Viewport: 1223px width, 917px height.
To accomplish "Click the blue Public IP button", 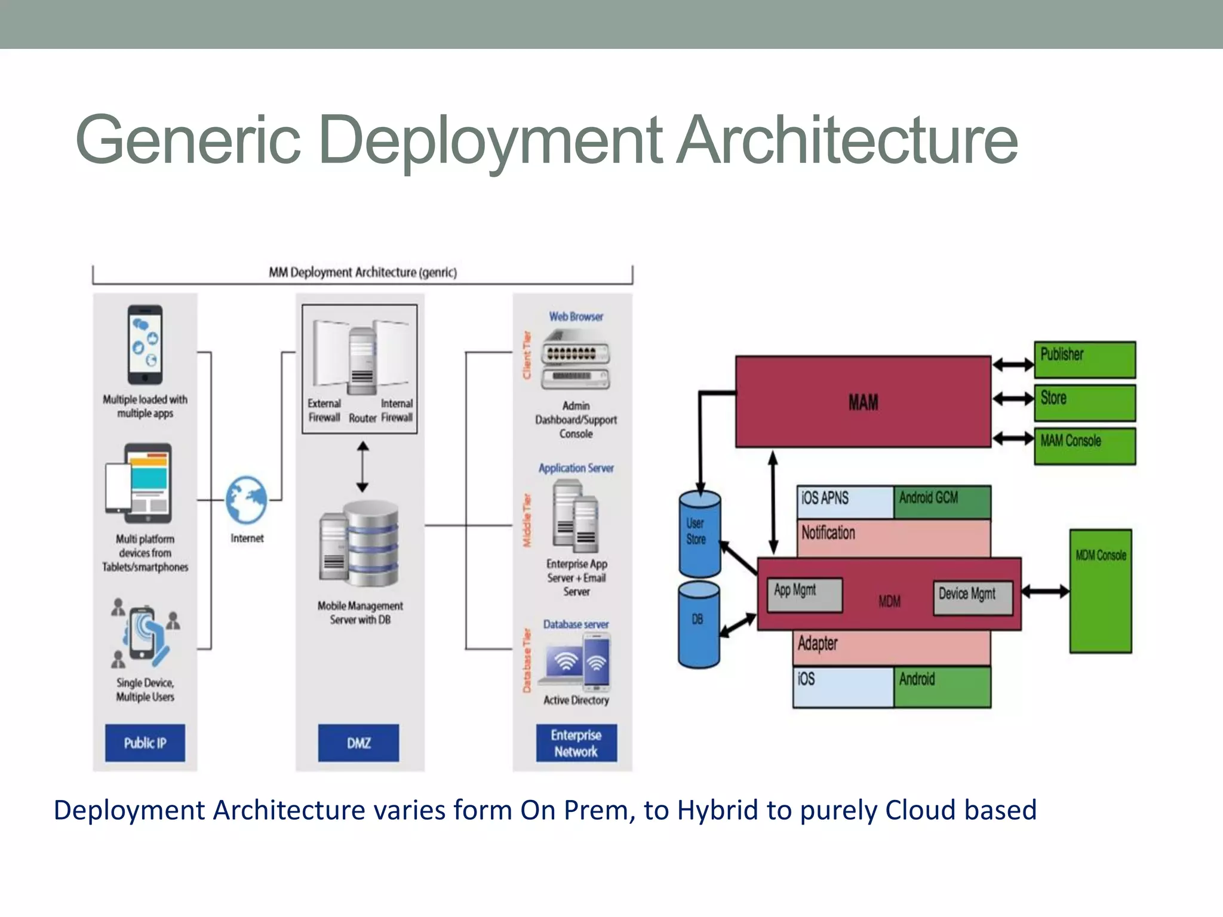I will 145,743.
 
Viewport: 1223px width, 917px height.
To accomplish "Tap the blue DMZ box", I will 358,743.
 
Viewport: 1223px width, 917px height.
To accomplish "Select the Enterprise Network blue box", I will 576,743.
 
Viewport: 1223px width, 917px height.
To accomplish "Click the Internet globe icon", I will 247,500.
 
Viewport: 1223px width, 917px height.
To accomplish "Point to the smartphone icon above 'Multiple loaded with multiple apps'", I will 145,346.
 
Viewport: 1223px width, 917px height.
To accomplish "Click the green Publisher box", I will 1084,359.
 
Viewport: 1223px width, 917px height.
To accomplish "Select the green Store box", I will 1084,403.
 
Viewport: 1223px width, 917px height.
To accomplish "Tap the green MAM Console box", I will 1084,446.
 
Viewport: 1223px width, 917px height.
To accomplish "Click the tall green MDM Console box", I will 1100,591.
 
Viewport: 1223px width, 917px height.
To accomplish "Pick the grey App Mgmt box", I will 804,595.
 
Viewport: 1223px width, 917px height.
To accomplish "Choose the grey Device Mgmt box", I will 973,598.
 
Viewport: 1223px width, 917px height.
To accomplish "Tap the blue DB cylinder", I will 699,624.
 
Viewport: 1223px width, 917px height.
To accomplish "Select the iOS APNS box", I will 844,501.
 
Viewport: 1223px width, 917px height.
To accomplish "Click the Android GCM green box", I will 942,501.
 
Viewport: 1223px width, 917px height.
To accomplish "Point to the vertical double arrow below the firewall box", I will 362,467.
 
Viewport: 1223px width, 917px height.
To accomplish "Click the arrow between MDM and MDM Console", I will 1045,592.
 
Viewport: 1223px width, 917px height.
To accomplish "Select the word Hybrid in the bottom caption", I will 717,810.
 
